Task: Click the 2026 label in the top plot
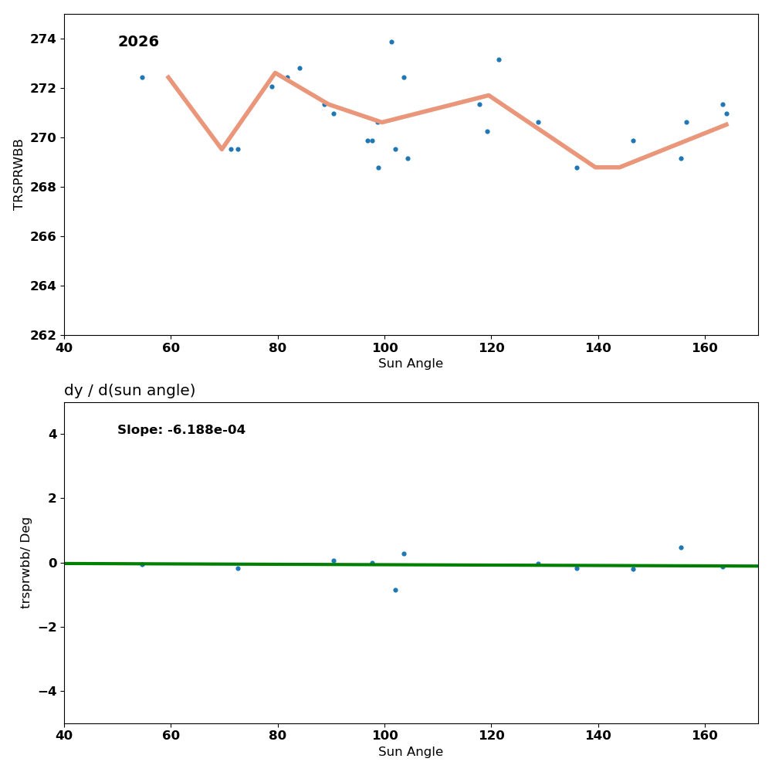click(x=138, y=42)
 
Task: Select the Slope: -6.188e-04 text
click(x=181, y=430)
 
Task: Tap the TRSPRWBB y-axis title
click(x=19, y=174)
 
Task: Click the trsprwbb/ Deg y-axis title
click(x=26, y=563)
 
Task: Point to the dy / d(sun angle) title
click(x=130, y=391)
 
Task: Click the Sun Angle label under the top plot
click(x=411, y=364)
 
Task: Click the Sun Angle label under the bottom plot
click(x=411, y=752)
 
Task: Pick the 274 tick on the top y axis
click(x=44, y=39)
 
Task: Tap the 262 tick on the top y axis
click(x=44, y=335)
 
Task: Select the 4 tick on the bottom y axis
click(x=52, y=434)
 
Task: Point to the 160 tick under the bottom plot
click(x=705, y=734)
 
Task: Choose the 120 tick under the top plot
click(x=491, y=347)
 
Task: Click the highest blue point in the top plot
click(x=391, y=42)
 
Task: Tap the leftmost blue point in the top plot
click(x=142, y=77)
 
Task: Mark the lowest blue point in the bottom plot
click(x=395, y=590)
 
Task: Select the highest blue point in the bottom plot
click(x=681, y=547)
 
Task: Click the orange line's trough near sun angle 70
click(x=222, y=148)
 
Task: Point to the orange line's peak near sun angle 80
click(x=275, y=73)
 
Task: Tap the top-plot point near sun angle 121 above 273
click(x=499, y=59)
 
